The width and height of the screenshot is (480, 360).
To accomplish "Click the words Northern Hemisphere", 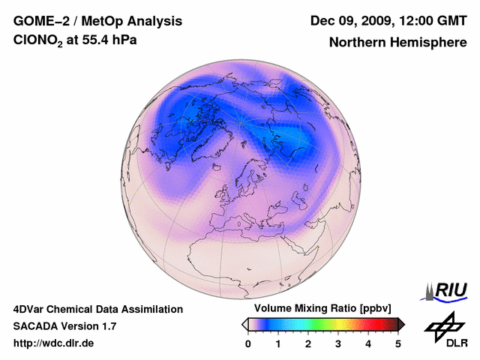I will [x=397, y=42].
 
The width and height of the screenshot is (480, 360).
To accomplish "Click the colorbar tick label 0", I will [x=248, y=343].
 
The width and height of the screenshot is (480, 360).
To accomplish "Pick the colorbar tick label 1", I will [x=278, y=343].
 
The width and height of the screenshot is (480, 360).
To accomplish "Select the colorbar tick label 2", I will [x=308, y=343].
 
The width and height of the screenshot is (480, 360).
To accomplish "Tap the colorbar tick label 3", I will [x=338, y=343].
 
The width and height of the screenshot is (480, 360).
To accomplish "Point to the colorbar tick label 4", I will [x=368, y=343].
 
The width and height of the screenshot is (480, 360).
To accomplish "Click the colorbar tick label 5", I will [x=398, y=343].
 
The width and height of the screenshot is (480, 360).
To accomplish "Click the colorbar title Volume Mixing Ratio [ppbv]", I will [x=319, y=309].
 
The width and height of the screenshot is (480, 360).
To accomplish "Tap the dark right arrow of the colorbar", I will [x=402, y=324].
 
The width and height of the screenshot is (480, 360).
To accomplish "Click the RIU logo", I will [x=447, y=290].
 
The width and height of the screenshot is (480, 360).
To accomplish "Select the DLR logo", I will [x=446, y=330].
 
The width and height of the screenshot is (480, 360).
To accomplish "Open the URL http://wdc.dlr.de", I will [x=53, y=343].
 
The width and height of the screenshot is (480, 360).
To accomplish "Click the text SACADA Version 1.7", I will [x=64, y=326].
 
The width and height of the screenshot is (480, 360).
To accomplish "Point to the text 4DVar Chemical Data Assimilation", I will [x=97, y=309].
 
